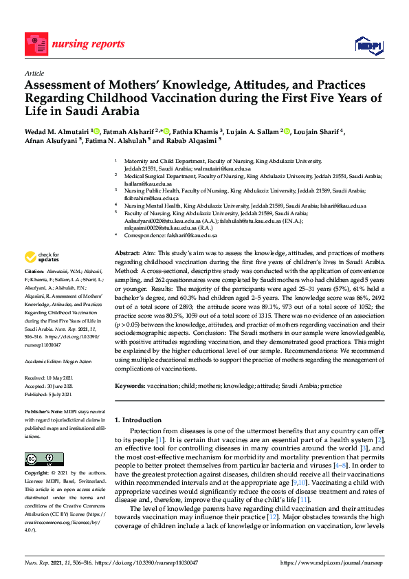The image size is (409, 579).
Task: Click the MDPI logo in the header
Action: click(x=368, y=45)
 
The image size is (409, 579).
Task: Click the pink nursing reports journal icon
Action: click(x=34, y=42)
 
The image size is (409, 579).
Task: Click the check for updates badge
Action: click(x=42, y=258)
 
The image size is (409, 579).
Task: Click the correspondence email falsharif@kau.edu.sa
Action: click(x=190, y=235)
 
